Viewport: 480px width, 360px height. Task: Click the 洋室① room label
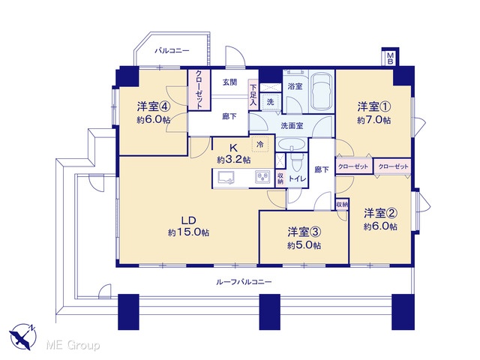point(374,106)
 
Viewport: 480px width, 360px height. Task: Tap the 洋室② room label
point(380,213)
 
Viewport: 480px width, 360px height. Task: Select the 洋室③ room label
point(304,232)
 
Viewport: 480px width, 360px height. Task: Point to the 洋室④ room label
point(153,106)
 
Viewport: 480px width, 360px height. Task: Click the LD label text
point(188,220)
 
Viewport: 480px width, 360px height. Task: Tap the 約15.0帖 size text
point(188,232)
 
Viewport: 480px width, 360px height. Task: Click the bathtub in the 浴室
point(321,91)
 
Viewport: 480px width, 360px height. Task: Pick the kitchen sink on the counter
point(226,178)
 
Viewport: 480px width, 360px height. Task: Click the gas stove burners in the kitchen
point(262,178)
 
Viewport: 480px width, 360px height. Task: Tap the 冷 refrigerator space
point(260,144)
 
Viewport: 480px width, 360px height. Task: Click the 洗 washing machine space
point(270,101)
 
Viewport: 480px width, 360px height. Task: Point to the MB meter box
point(390,58)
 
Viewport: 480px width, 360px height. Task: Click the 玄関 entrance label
point(229,82)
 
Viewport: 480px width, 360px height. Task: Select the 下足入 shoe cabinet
point(253,95)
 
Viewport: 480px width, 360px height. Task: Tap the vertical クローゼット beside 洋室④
point(199,90)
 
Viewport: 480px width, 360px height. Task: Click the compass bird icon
point(22,337)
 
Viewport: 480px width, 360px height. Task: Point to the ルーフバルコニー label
point(244,282)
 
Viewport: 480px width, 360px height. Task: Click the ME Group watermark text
point(73,345)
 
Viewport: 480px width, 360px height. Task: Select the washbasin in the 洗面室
point(292,145)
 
